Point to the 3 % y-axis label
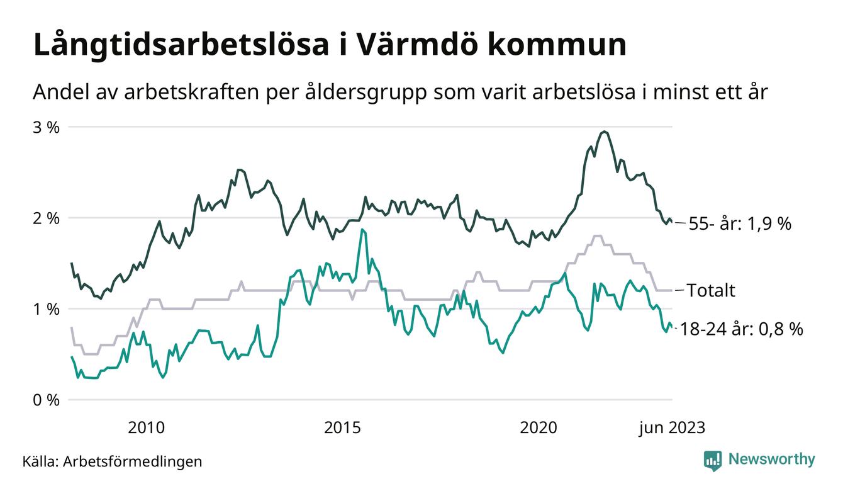46,127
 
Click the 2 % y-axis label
46,218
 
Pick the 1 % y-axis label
46,309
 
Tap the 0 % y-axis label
46,400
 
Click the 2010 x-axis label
146,428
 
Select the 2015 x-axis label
342,428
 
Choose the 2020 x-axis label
539,428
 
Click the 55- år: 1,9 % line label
740,223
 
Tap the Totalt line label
711,291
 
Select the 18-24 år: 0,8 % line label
742,329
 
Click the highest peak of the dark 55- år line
604,132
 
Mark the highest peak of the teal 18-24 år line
362,230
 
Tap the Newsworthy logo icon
713,460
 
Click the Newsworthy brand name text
771,460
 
